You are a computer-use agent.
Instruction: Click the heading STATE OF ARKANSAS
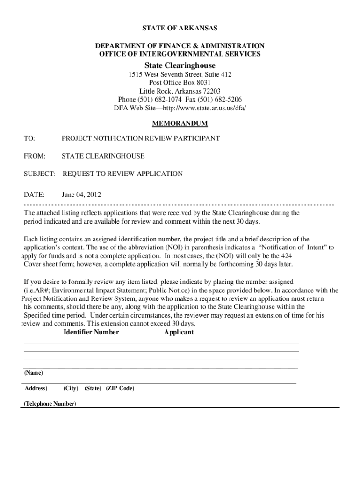(x=180, y=29)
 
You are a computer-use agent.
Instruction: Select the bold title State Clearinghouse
(x=180, y=65)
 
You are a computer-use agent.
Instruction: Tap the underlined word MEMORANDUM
(x=180, y=124)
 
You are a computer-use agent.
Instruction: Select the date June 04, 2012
(x=81, y=194)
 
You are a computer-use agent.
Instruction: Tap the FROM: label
(x=35, y=156)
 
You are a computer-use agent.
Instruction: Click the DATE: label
(x=34, y=194)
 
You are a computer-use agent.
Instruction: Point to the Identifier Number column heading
(x=91, y=332)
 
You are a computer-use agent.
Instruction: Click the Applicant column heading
(x=179, y=332)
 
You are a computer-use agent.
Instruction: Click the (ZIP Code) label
(x=120, y=388)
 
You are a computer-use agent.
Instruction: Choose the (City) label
(x=71, y=388)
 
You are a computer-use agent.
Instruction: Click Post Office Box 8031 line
(x=180, y=83)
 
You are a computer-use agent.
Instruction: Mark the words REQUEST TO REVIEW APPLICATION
(x=122, y=174)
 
